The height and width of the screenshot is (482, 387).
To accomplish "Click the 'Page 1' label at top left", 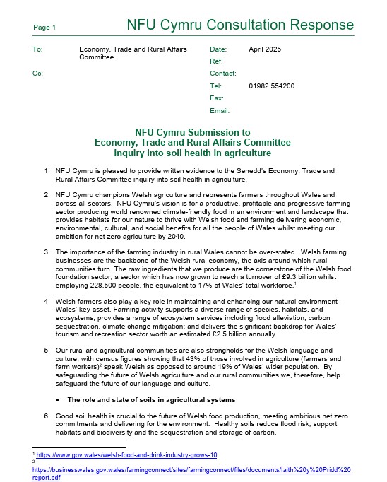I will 44,28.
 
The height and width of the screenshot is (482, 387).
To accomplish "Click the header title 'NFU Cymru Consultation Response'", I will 240,25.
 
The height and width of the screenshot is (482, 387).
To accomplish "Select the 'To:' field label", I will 37,49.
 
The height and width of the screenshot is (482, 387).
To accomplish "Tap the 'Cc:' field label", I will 37,73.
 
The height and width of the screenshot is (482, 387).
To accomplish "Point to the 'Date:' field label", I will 218,49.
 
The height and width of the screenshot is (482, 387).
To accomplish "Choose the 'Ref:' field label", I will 216,61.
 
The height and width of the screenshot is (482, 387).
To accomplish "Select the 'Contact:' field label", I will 222,73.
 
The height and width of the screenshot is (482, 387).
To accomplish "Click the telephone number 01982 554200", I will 272,86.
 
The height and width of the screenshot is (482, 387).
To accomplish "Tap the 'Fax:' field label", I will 217,98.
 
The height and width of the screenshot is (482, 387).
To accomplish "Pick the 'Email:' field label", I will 220,110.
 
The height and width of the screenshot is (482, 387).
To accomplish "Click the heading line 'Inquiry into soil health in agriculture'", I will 193,153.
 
